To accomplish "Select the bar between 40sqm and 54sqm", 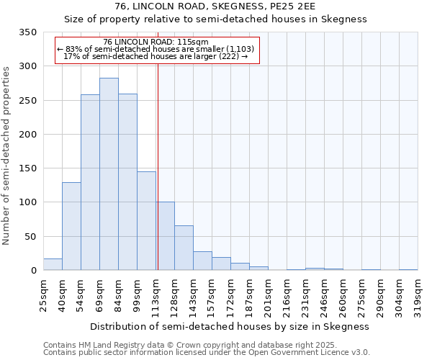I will (71, 226).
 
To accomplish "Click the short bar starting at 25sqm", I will (53, 264).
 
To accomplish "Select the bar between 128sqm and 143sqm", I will (184, 248).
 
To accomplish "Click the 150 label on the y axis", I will (28, 168).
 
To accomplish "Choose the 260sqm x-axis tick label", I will (343, 294).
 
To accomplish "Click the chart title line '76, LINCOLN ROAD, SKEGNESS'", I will (216, 6).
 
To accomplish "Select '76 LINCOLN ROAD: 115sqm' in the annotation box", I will (156, 42).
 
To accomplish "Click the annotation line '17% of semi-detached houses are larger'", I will (156, 55).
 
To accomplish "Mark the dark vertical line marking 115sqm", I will (157, 166).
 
